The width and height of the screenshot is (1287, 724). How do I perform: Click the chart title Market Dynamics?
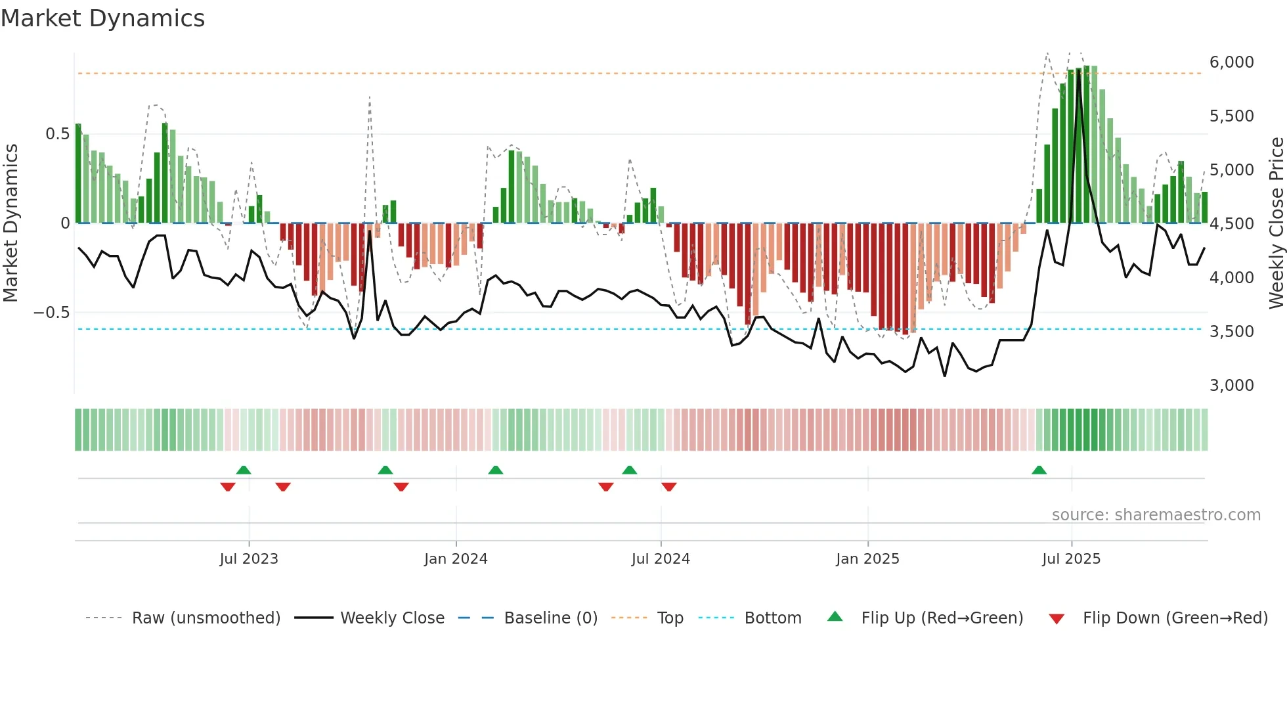pos(102,18)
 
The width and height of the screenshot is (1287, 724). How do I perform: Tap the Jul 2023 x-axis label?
pos(249,559)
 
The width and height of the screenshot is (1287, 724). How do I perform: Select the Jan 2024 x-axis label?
pos(456,559)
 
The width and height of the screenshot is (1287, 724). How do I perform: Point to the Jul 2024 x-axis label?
pos(661,559)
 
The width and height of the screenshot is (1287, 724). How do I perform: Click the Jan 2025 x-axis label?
pos(867,559)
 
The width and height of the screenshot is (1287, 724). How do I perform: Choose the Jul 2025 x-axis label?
pos(1071,559)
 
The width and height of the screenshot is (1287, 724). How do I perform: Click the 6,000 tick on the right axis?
pos(1231,62)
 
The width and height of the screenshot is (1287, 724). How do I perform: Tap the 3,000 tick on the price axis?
pos(1231,386)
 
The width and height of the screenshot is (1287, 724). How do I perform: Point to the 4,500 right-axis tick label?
pos(1231,224)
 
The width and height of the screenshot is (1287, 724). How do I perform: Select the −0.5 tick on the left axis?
pos(52,313)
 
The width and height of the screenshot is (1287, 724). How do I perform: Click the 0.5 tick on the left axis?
pos(57,134)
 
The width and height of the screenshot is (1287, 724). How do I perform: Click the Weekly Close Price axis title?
pos(1276,223)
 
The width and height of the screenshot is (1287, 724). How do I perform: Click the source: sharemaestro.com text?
pos(1156,515)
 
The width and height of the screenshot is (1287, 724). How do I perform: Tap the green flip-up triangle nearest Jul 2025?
pos(1039,470)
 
